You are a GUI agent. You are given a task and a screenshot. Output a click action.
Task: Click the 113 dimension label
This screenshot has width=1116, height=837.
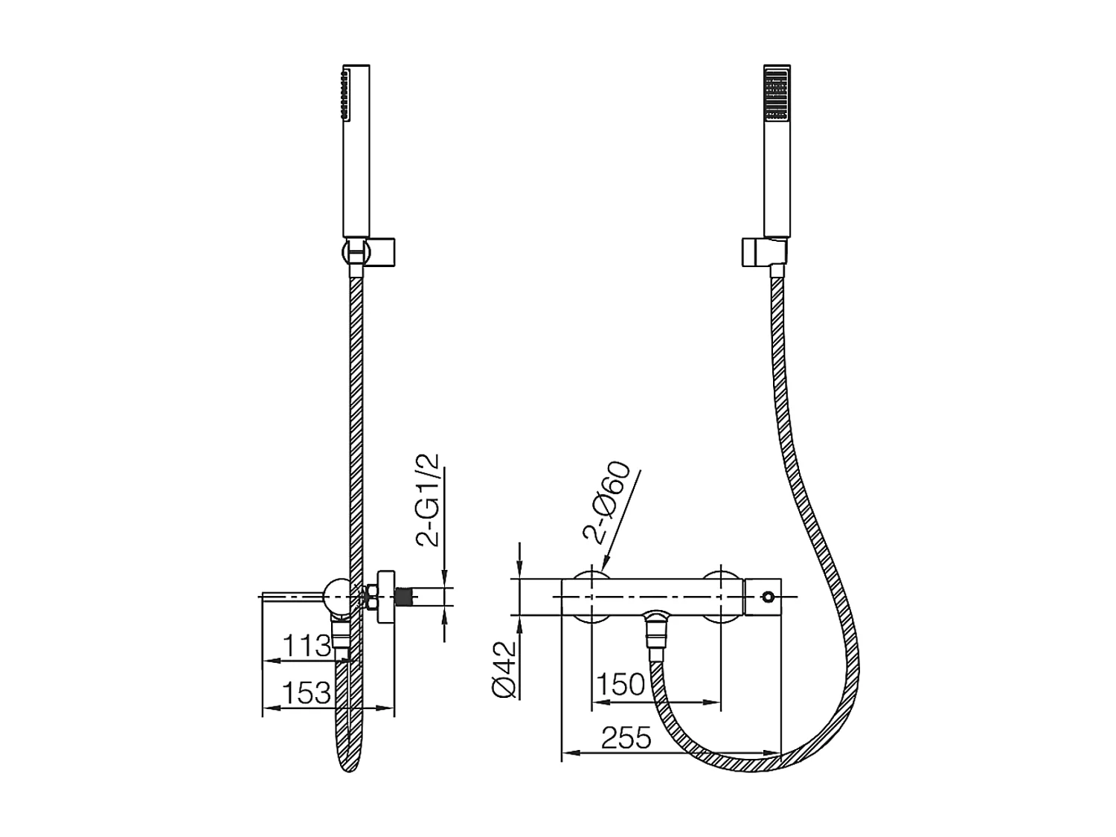click(309, 646)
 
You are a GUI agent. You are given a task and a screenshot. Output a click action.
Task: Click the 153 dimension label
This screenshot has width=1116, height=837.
click(307, 693)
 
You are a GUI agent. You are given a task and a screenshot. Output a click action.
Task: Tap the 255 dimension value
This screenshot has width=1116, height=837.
click(626, 738)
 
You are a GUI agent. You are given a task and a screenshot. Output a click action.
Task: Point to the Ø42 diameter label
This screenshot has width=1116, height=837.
click(505, 670)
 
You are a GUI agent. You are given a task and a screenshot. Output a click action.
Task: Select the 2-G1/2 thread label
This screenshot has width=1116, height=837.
click(429, 500)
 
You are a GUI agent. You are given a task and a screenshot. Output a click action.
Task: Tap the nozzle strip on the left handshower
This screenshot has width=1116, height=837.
click(343, 94)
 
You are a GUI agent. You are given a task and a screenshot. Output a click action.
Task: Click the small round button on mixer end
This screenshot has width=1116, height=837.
click(768, 597)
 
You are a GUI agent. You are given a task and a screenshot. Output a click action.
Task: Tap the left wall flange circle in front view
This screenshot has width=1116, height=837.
click(591, 597)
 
